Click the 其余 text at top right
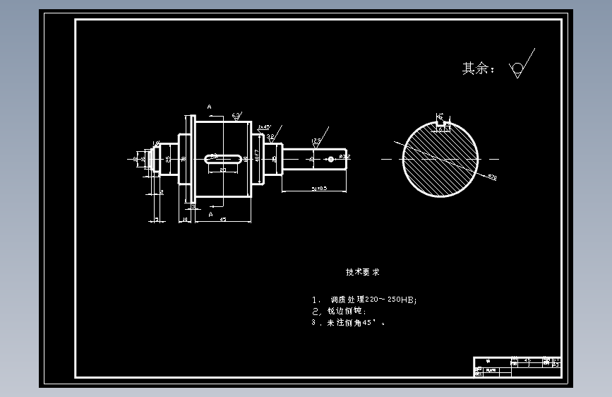(x=478, y=69)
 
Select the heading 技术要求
(x=363, y=272)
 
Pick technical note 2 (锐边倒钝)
(x=339, y=311)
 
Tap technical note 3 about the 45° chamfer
(x=349, y=322)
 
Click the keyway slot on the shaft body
(x=221, y=158)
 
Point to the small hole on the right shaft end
(x=330, y=159)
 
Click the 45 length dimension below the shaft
(x=223, y=220)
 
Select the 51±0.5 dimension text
(x=318, y=189)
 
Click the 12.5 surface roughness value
(x=316, y=141)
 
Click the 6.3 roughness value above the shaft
(x=236, y=114)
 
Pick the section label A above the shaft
(x=210, y=107)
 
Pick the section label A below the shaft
(x=210, y=212)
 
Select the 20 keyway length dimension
(x=222, y=170)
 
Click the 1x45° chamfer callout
(x=264, y=127)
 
